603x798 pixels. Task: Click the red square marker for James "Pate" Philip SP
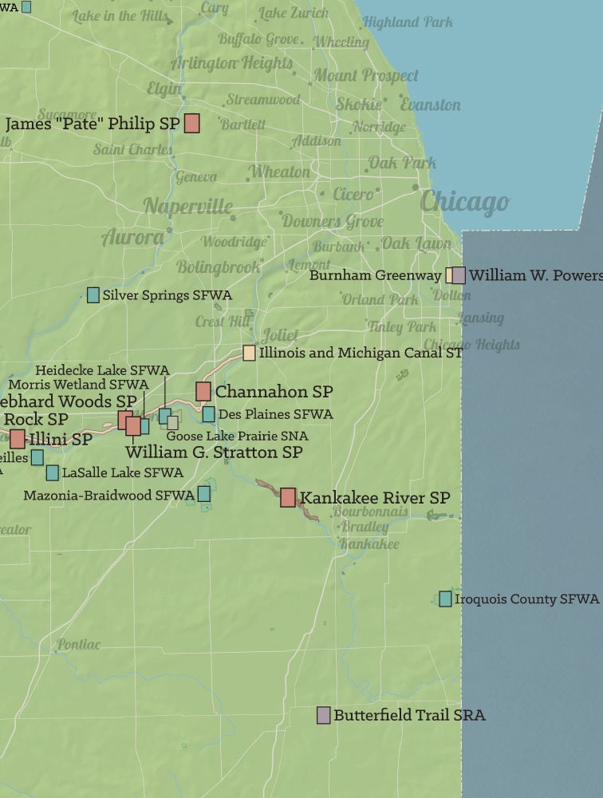(x=191, y=123)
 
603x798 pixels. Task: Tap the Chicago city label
(x=464, y=202)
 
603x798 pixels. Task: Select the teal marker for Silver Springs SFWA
(x=93, y=294)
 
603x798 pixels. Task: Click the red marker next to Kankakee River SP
(x=288, y=497)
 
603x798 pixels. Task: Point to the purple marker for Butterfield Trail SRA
(x=323, y=715)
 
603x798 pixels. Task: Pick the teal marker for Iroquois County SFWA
(x=445, y=598)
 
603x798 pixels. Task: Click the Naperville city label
(x=188, y=207)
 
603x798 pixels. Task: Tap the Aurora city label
(x=132, y=237)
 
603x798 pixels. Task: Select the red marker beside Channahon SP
(x=203, y=391)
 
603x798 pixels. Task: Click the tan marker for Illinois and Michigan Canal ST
(x=250, y=353)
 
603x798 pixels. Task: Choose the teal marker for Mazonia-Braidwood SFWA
(x=204, y=494)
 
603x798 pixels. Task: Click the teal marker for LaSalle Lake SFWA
(x=53, y=472)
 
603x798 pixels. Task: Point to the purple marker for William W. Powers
(x=459, y=275)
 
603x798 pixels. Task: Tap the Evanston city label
(x=430, y=105)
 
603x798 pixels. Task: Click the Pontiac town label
(x=78, y=645)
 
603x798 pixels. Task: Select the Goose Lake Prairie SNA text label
(x=237, y=436)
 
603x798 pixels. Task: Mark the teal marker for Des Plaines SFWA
(x=208, y=414)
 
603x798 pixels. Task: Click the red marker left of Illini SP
(x=18, y=438)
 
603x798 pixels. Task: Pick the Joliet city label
(x=279, y=335)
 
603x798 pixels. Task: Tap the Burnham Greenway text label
(x=375, y=275)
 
